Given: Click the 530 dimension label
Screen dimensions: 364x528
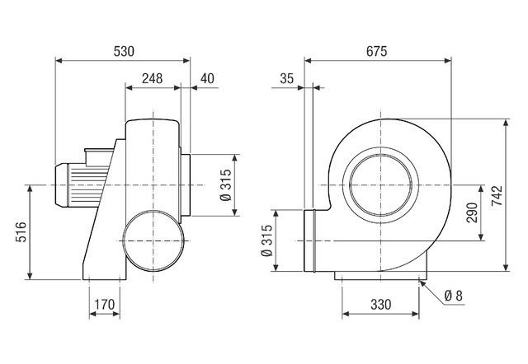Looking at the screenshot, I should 123,51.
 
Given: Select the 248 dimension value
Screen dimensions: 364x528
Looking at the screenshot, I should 151,78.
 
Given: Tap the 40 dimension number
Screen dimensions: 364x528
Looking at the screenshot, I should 206,78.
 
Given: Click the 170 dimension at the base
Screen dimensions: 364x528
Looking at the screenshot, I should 104,305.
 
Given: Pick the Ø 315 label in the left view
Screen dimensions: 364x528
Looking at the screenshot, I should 225,187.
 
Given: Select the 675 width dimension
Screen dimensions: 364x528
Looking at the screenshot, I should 376,51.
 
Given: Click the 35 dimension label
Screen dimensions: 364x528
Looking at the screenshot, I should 287,78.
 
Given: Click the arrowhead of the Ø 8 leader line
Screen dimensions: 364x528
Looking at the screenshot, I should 422,282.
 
